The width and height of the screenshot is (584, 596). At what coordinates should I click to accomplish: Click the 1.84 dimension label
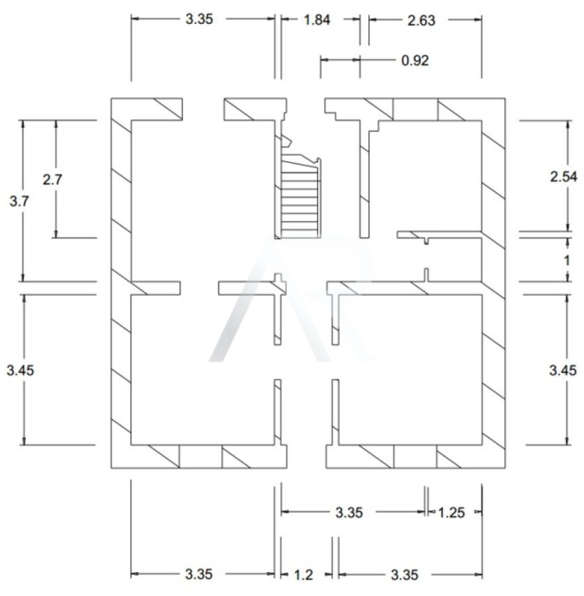click(317, 20)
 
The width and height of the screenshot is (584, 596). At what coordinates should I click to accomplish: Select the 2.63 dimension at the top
click(421, 21)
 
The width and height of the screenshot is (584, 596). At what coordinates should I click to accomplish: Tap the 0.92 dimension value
click(415, 60)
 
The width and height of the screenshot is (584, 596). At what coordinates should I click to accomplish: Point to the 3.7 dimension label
click(19, 201)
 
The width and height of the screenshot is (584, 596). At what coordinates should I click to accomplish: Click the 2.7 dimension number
click(52, 179)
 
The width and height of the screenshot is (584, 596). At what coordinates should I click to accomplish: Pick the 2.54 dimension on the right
click(563, 177)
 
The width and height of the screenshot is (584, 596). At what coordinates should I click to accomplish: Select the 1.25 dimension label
click(451, 513)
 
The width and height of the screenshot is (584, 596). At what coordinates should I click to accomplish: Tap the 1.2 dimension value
click(304, 575)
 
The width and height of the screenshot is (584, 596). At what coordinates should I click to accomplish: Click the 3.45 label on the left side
click(20, 370)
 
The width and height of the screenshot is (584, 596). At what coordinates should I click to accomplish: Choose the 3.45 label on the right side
click(563, 370)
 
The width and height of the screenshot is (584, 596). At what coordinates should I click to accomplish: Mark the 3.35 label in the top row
click(199, 19)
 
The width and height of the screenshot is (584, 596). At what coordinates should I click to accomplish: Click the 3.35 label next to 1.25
click(349, 513)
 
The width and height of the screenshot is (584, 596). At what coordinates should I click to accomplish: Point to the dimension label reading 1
click(567, 261)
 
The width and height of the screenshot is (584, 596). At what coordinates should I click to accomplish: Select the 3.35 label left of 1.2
click(199, 574)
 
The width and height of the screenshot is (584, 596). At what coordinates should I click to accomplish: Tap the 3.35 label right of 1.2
click(404, 575)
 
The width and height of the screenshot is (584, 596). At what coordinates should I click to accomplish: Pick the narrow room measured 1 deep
click(453, 260)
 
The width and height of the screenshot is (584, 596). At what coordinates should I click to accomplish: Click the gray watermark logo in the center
click(291, 300)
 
